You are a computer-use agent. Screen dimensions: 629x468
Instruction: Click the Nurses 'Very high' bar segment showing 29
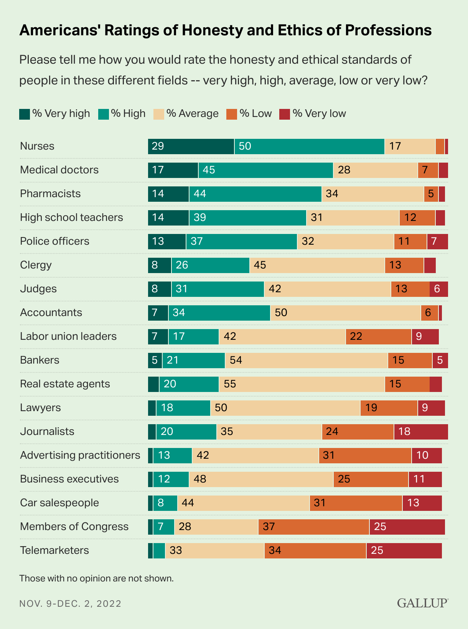191,147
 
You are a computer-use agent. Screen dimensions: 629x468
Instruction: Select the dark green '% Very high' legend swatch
25,114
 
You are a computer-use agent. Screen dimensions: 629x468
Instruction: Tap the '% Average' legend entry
186,114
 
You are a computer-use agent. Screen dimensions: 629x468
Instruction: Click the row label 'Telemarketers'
54,550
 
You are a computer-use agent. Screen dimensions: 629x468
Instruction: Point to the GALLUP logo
422,603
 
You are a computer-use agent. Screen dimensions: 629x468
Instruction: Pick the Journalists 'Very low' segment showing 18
421,432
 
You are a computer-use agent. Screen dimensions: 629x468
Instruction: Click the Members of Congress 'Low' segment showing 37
314,527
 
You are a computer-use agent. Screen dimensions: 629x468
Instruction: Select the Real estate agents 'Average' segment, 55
302,384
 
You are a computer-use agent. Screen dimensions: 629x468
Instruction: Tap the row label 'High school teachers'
71,217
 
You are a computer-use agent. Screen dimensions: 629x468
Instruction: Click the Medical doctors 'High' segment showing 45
265,170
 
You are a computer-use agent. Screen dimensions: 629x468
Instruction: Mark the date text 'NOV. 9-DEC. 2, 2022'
70,604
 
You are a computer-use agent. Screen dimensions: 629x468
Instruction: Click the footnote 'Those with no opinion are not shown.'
96,578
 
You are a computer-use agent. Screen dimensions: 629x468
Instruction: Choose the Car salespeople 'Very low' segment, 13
422,503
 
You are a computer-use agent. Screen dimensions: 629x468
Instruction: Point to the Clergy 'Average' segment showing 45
317,265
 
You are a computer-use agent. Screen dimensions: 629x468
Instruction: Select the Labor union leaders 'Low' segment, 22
379,337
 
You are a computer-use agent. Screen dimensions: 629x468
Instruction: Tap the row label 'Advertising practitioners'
80,455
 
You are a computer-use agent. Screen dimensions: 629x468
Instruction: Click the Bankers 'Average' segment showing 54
306,361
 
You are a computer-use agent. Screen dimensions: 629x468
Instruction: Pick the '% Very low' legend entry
313,114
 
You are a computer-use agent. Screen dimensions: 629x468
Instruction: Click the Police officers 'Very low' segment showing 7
437,242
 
